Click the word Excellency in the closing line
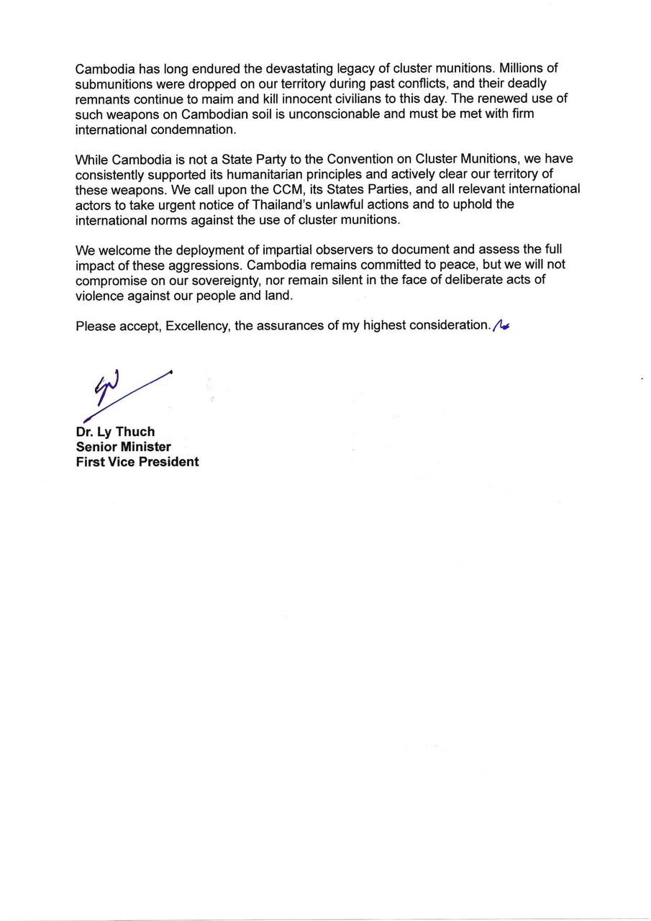pyautogui.click(x=197, y=326)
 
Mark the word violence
pyautogui.click(x=100, y=295)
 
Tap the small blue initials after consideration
pyautogui.click(x=501, y=326)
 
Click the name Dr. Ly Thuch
pyautogui.click(x=115, y=432)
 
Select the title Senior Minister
pyautogui.click(x=124, y=447)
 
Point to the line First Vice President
pyautogui.click(x=137, y=462)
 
